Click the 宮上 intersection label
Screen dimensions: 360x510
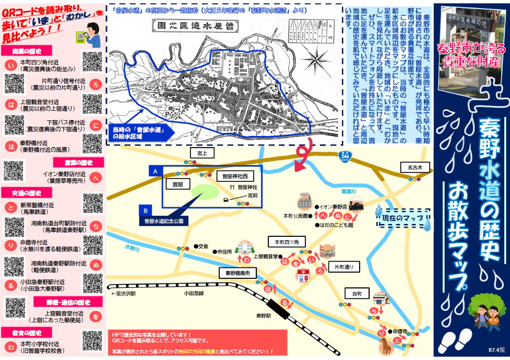pos(200,153)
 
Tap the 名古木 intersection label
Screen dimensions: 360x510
pos(414,167)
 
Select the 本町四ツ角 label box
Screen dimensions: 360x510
pos(287,242)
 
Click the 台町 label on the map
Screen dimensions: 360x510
pos(357,292)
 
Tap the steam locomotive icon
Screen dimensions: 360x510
pos(355,204)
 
